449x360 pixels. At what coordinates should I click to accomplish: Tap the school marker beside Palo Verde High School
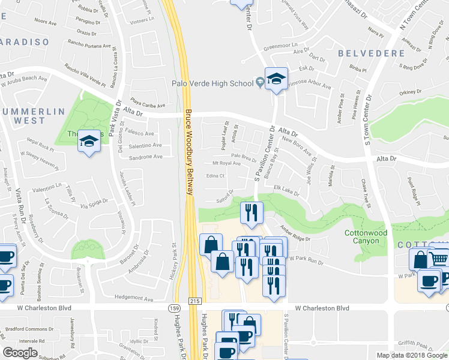coord(276,79)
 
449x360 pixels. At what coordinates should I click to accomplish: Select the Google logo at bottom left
coord(20,353)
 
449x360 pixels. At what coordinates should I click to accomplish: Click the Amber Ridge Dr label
coord(295,233)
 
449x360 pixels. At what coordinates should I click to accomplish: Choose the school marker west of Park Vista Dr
coord(89,141)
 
